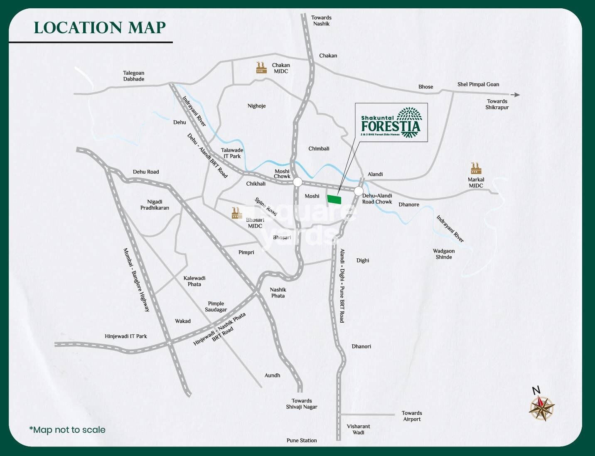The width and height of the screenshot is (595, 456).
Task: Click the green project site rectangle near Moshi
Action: pyautogui.click(x=334, y=199)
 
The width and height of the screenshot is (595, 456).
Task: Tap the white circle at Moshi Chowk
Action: pyautogui.click(x=297, y=182)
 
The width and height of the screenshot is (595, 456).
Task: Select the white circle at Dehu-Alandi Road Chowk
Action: pyautogui.click(x=358, y=191)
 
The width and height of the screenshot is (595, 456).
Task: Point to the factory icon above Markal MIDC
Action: pyautogui.click(x=476, y=168)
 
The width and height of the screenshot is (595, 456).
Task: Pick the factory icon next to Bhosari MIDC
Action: pyautogui.click(x=237, y=213)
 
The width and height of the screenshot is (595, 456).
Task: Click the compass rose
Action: pyautogui.click(x=541, y=408)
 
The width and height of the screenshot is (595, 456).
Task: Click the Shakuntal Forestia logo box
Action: pyautogui.click(x=391, y=123)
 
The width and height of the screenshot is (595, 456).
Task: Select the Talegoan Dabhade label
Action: pyautogui.click(x=134, y=76)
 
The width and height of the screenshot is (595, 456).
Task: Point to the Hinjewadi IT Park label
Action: pyautogui.click(x=126, y=336)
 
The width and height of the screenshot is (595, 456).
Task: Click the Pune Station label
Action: pyautogui.click(x=302, y=440)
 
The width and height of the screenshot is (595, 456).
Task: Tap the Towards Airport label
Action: pyautogui.click(x=412, y=416)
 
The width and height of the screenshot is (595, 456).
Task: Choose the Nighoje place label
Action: pyautogui.click(x=256, y=106)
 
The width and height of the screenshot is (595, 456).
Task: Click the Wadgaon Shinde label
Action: pyautogui.click(x=444, y=254)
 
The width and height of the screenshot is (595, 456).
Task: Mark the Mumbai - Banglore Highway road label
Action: pyautogui.click(x=136, y=280)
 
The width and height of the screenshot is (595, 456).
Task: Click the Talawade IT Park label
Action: pyautogui.click(x=232, y=153)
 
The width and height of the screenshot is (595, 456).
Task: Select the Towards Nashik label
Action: pyautogui.click(x=321, y=21)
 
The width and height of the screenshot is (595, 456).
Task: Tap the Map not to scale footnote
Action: pyautogui.click(x=67, y=430)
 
